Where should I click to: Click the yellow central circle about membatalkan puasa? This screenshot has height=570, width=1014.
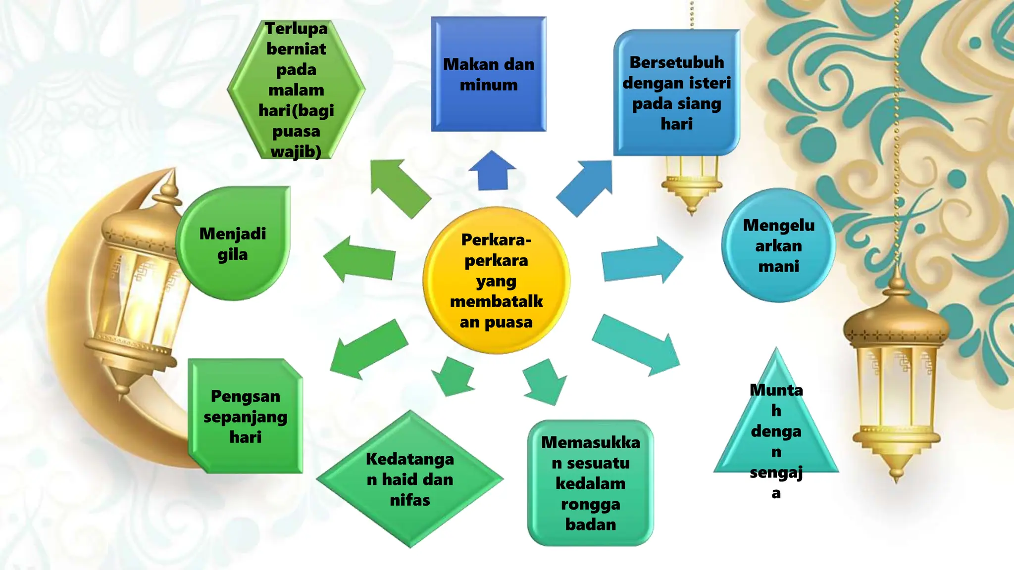pyautogui.click(x=496, y=280)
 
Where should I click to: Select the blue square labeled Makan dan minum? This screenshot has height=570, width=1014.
pyautogui.click(x=488, y=74)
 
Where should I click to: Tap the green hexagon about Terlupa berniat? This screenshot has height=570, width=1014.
pyautogui.click(x=296, y=90)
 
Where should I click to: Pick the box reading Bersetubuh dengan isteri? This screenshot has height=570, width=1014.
pyautogui.click(x=676, y=93)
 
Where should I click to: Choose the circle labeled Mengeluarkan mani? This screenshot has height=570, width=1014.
pyautogui.click(x=778, y=245)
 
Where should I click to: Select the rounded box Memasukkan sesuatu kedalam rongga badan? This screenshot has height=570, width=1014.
pyautogui.click(x=590, y=483)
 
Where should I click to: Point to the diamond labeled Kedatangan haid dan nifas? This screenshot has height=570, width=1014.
pyautogui.click(x=410, y=479)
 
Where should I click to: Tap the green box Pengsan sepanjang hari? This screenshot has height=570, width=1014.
pyautogui.click(x=245, y=416)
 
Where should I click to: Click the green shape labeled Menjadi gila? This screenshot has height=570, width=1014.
pyautogui.click(x=233, y=243)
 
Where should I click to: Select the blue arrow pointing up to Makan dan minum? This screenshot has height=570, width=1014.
pyautogui.click(x=492, y=171)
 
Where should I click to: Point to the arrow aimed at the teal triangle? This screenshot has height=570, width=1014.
pyautogui.click(x=637, y=345)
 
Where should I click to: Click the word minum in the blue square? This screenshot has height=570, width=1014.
pyautogui.click(x=489, y=85)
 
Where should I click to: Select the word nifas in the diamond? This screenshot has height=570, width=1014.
pyautogui.click(x=410, y=500)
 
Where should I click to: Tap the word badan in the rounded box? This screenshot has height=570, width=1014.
pyautogui.click(x=591, y=524)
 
